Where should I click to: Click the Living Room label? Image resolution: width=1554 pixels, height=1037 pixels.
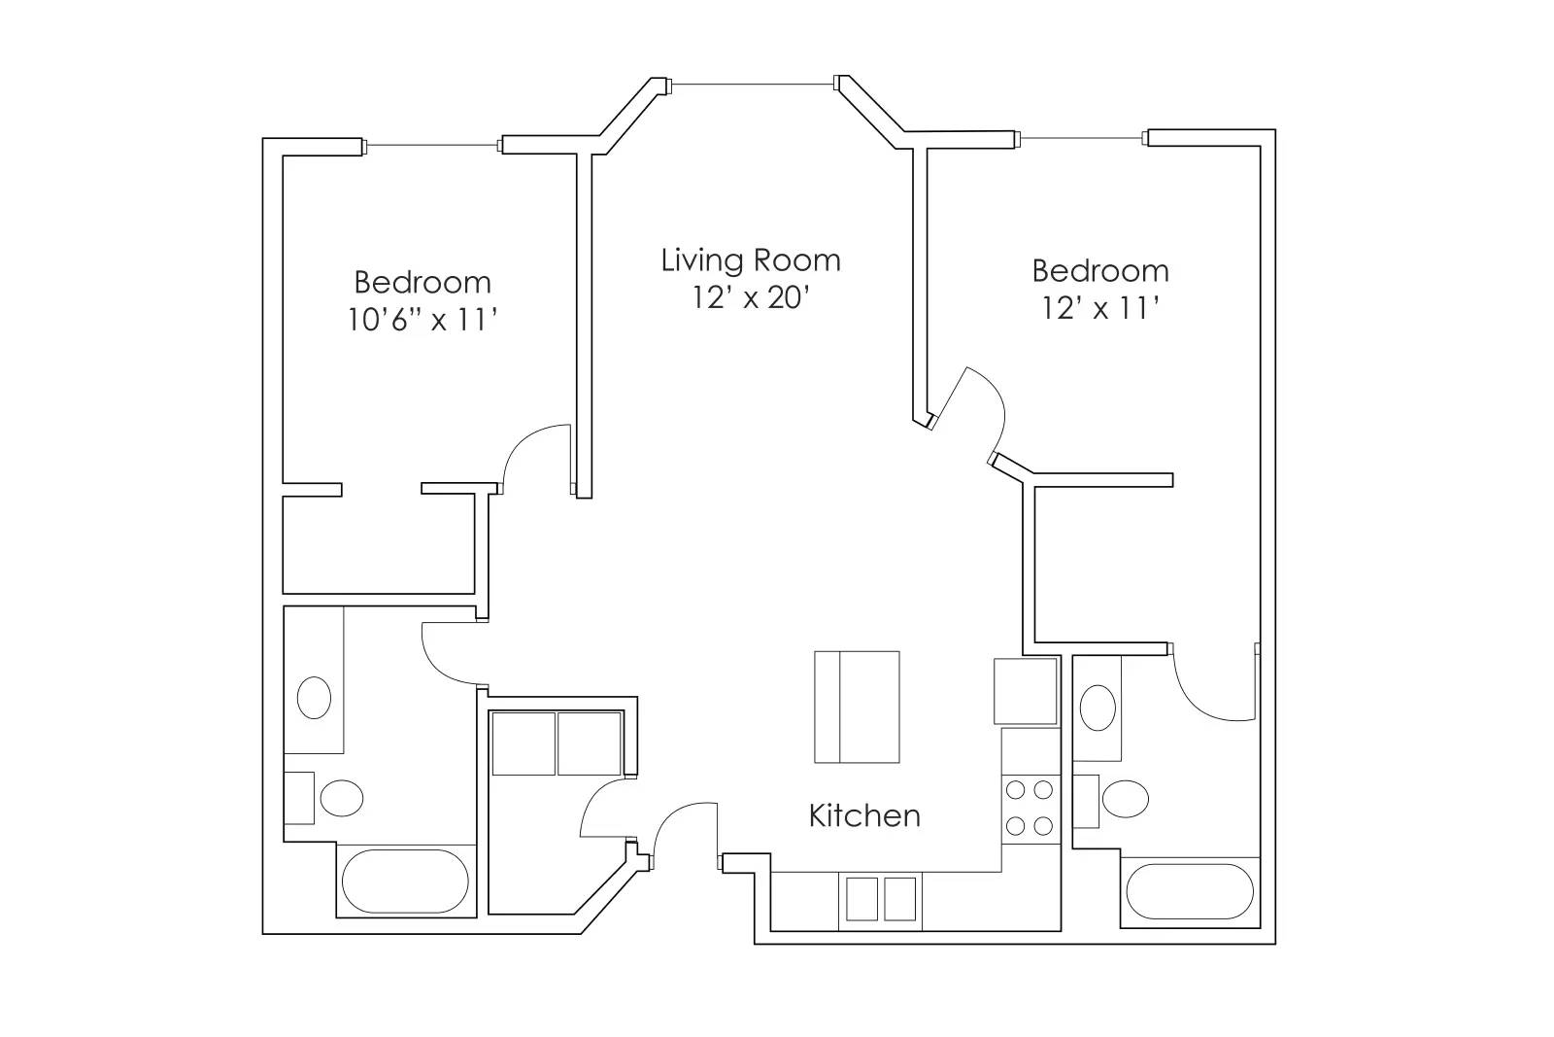750,260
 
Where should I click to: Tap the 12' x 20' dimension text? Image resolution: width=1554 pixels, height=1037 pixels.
750,297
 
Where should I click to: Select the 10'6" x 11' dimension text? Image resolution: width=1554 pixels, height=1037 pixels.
422,319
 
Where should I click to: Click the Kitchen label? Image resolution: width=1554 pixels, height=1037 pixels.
863,815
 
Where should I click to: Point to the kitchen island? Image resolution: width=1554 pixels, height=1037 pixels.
856,707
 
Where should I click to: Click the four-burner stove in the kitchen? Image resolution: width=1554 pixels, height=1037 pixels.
1030,807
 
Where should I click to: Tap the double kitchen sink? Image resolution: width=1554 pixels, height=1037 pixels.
880,899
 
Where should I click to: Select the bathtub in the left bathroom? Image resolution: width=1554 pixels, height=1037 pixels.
405,881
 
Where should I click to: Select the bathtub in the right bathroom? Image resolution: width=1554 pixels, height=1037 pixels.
1189,891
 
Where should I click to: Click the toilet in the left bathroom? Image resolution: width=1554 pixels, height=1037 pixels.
340,798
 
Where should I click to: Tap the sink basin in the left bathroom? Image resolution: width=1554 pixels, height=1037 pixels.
313,697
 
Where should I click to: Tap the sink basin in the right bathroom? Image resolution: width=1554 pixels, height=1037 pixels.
1098,708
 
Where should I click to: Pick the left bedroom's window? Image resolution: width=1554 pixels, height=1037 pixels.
432,146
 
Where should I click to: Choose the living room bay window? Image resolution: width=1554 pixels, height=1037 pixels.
753,85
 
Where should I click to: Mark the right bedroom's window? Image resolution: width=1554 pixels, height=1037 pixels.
1082,138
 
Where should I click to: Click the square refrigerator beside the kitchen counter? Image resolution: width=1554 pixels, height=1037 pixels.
1025,691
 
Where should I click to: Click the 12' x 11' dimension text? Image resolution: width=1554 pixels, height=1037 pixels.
1099,308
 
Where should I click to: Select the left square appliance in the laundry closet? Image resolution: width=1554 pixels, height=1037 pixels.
524,743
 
